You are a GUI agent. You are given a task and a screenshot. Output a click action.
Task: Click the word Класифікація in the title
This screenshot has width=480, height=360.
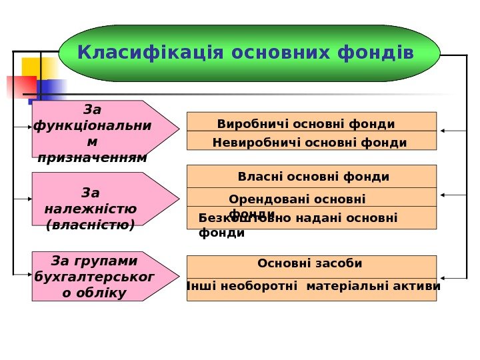[134, 52]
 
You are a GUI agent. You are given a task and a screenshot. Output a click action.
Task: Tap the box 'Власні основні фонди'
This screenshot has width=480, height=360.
[311, 177]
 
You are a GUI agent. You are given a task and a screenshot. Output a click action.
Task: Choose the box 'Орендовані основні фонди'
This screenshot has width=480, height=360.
[311, 197]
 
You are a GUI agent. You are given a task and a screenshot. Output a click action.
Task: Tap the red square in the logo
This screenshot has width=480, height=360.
[20, 87]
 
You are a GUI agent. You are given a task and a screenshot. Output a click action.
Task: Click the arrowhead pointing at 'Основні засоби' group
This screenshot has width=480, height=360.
[443, 277]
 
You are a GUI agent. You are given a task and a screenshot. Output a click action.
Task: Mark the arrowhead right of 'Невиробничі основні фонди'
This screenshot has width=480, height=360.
[443, 131]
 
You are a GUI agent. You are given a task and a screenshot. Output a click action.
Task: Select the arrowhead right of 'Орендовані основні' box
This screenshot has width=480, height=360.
[443, 195]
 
